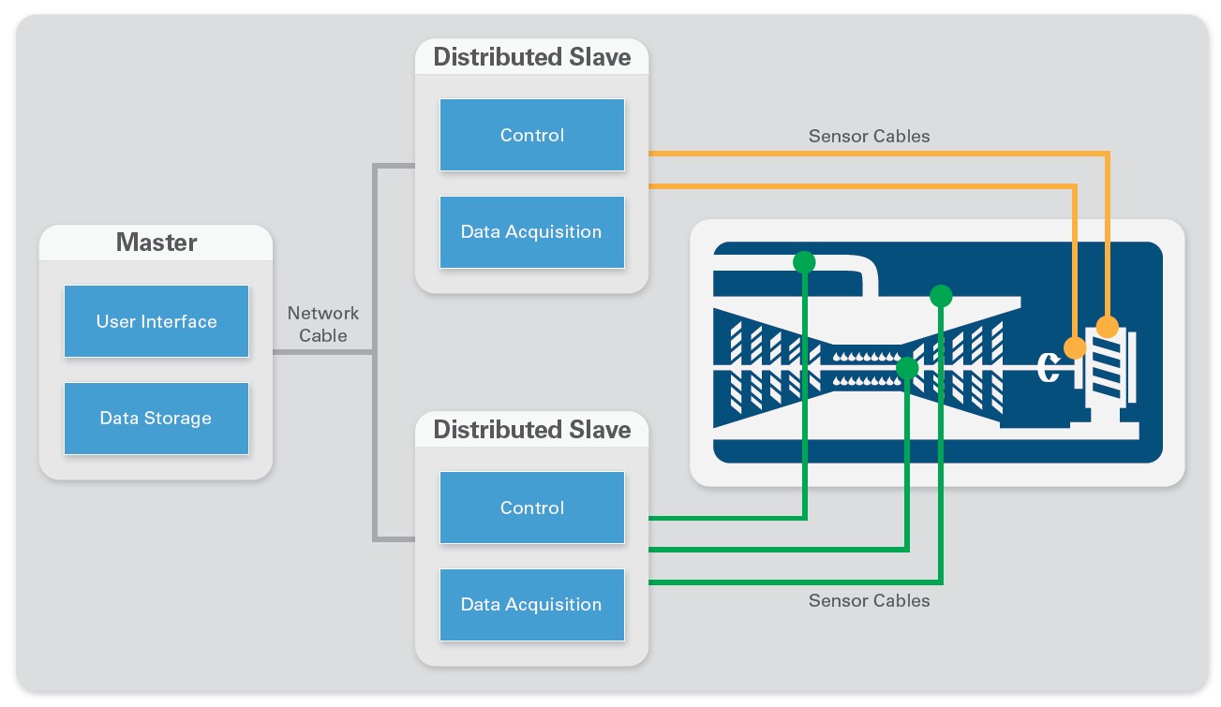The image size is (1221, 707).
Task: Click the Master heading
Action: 156,243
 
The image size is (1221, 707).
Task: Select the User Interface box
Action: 156,321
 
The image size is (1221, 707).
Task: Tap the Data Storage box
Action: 156,419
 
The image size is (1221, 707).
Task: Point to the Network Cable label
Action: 322,324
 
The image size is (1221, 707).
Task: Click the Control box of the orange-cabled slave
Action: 532,135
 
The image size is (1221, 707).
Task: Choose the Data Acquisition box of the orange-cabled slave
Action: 532,232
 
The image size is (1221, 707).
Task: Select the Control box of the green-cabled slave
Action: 532,508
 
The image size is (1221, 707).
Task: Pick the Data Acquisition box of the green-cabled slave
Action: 532,605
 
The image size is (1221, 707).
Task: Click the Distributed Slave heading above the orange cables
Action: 532,57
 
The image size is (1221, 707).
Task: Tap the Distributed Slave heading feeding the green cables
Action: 532,430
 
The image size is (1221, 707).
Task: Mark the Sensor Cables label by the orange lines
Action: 869,136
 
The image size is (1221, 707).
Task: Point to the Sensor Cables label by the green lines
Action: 869,601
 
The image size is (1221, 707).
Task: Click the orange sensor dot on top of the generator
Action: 1107,327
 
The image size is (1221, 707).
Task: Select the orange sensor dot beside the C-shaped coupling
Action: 1075,347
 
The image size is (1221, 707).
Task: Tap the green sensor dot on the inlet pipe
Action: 804,262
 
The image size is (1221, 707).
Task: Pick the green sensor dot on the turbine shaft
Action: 907,368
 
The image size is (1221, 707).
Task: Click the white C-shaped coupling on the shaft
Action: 1049,368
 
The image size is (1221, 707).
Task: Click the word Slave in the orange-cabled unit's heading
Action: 600,57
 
